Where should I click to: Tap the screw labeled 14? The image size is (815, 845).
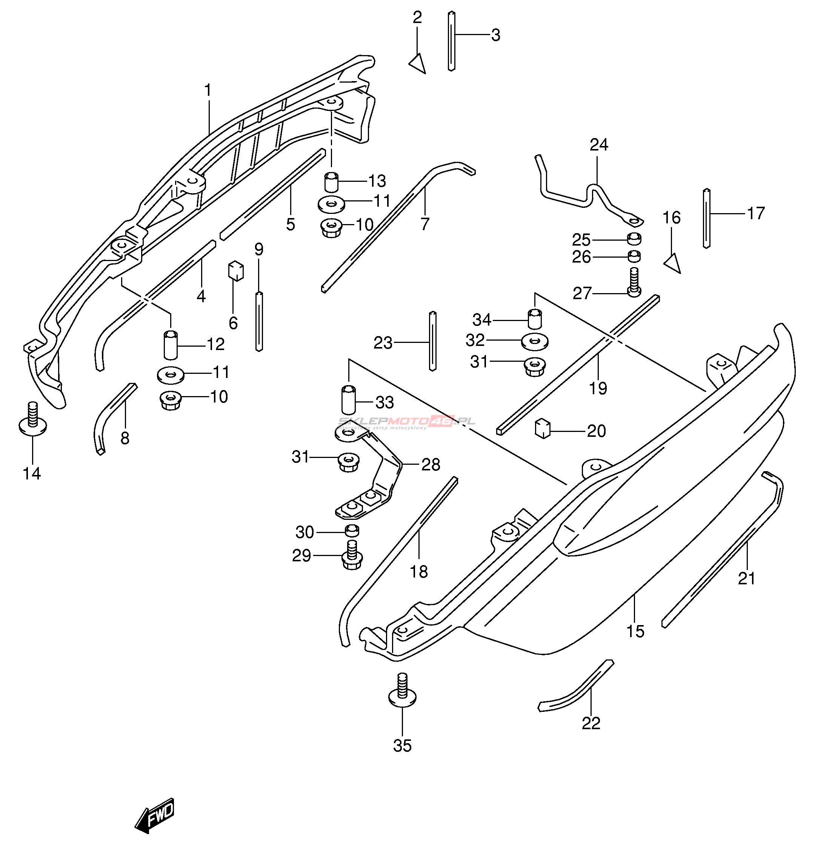(33, 420)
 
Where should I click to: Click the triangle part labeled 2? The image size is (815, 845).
(418, 64)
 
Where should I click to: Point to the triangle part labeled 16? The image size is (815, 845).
(673, 263)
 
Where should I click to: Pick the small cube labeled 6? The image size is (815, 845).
(235, 271)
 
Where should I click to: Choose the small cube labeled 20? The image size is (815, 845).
(543, 429)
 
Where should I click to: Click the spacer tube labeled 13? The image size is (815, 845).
(331, 182)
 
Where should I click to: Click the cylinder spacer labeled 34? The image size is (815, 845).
(535, 320)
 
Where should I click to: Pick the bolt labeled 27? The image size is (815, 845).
(634, 283)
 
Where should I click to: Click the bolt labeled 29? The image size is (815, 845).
(352, 556)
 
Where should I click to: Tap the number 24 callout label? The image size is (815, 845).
(598, 145)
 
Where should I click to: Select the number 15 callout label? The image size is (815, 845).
(635, 631)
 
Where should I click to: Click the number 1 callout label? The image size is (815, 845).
(208, 91)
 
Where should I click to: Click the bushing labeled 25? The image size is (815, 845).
(634, 238)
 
